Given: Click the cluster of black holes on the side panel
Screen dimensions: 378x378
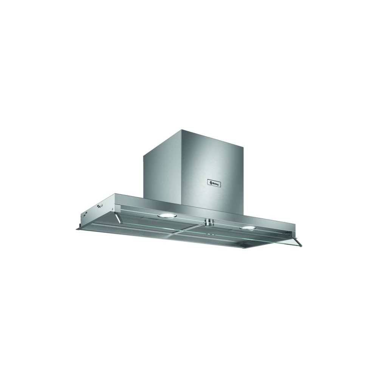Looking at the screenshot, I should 99,206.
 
